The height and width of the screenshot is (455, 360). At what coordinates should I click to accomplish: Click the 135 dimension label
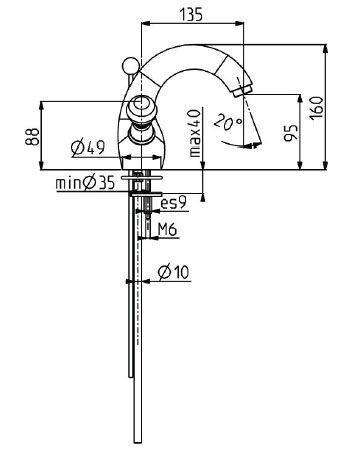(191, 15)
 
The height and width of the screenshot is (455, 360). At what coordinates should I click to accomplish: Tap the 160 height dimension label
(316, 107)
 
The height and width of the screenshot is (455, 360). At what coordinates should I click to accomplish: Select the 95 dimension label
(291, 133)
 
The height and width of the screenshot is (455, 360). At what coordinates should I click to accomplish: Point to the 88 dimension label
(32, 137)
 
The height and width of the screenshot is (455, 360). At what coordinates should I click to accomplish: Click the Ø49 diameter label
(88, 148)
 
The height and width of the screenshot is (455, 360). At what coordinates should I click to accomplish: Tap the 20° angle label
(228, 122)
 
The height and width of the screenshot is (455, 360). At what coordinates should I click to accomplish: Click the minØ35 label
(85, 183)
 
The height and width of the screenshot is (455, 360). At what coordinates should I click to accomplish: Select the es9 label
(173, 203)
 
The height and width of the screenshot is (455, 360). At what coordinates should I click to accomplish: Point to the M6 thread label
(167, 229)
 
